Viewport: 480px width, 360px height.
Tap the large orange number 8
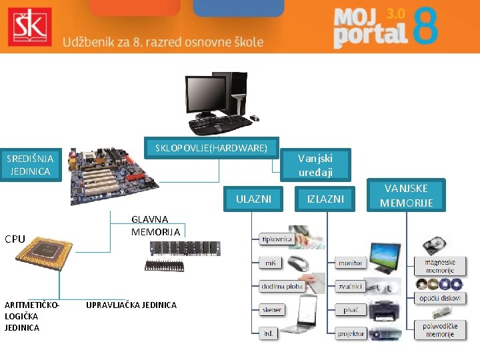pos(425,28)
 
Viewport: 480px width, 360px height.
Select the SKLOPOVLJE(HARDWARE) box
pos(211,147)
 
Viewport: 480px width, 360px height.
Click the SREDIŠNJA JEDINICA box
pos(29,165)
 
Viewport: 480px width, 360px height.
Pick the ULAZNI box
pos(253,199)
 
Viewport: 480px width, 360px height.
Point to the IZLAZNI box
pos(325,199)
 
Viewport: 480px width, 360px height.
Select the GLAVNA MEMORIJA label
pos(155,225)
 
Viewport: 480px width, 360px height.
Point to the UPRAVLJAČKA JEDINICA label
pos(131,305)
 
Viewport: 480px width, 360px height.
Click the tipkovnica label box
pos(277,239)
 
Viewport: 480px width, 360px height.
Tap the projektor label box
pos(351,333)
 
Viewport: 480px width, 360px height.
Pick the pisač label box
pos(351,309)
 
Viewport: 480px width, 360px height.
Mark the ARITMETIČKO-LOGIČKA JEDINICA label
pos(31,316)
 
